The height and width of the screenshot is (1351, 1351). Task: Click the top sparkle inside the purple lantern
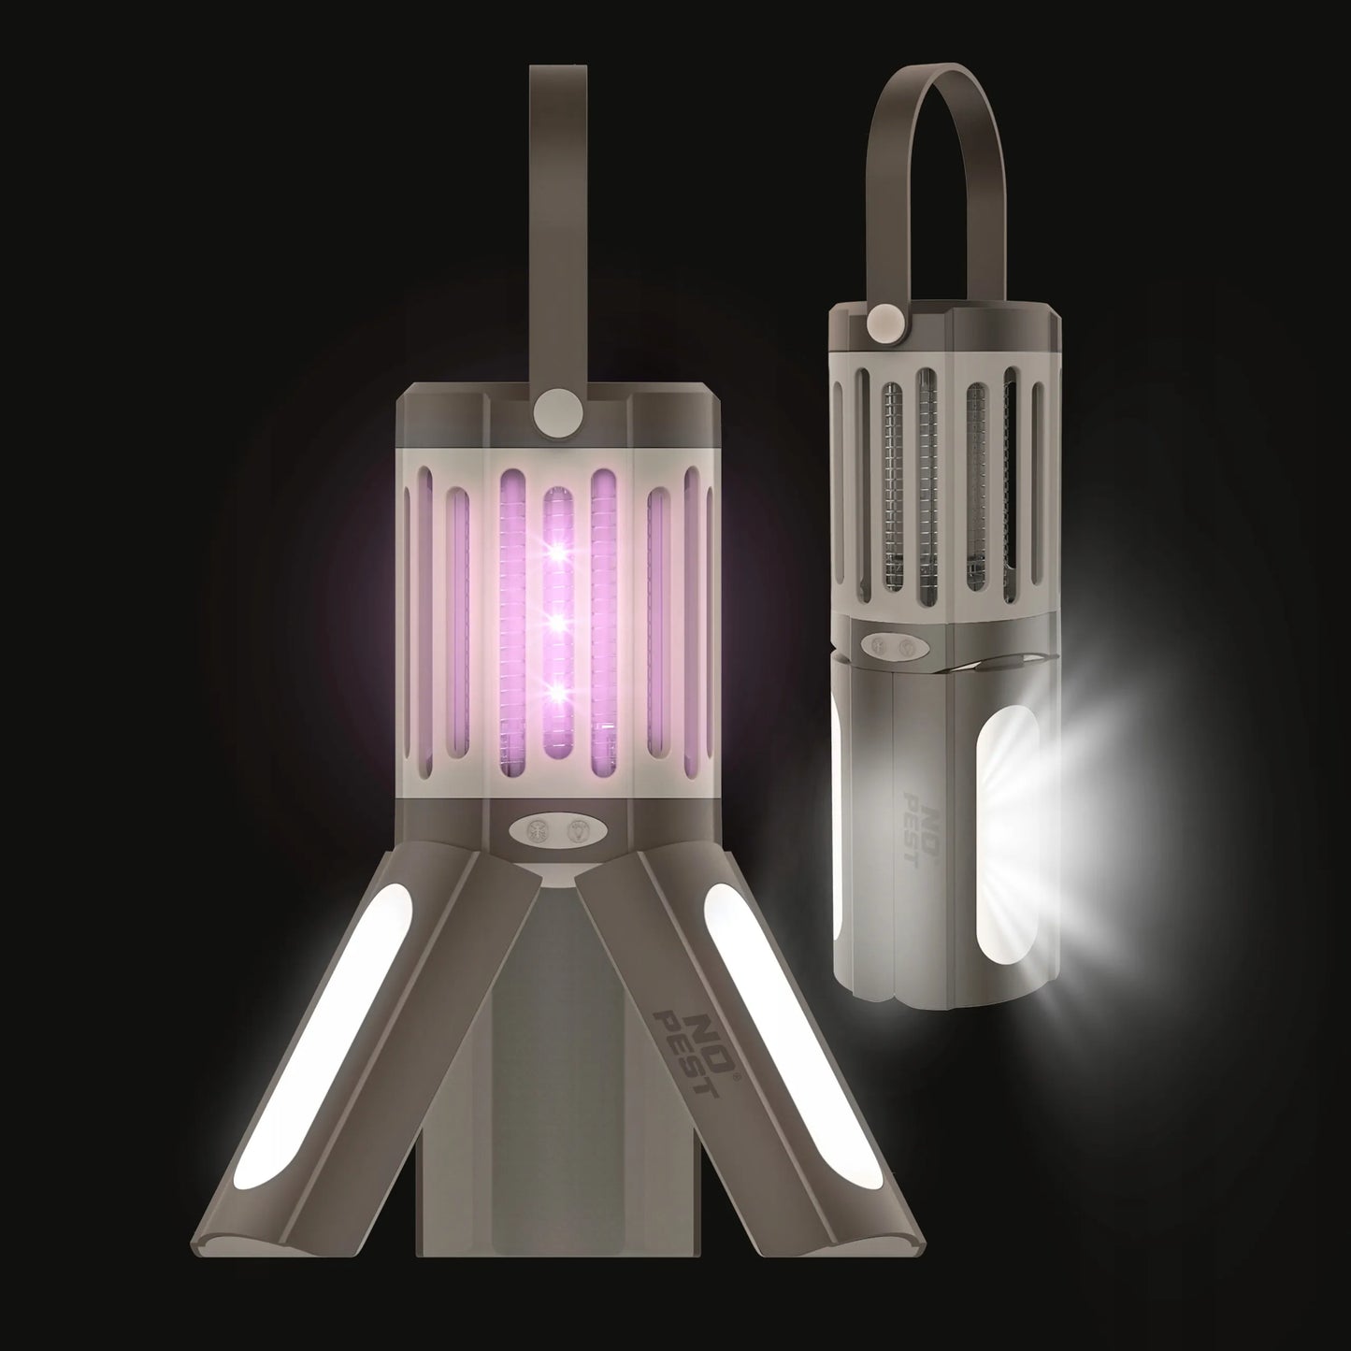click(x=559, y=551)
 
